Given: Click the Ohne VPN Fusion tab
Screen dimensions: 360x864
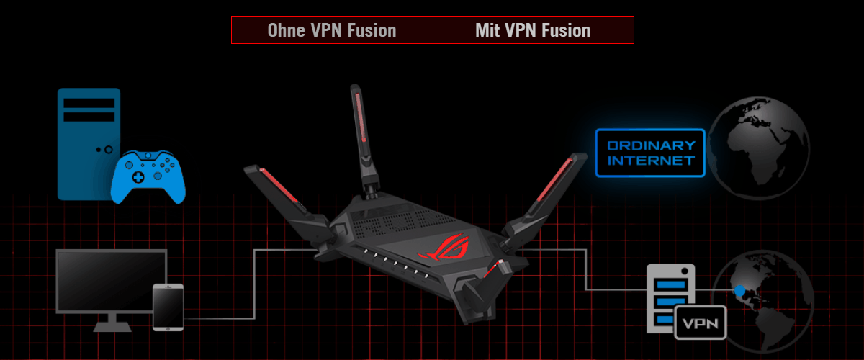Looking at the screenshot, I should (x=331, y=30).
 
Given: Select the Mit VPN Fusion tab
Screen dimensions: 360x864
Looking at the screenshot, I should (x=533, y=30).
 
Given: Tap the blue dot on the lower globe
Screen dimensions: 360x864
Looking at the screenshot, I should (x=739, y=291).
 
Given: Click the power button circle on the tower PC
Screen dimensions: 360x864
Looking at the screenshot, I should (x=108, y=150).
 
